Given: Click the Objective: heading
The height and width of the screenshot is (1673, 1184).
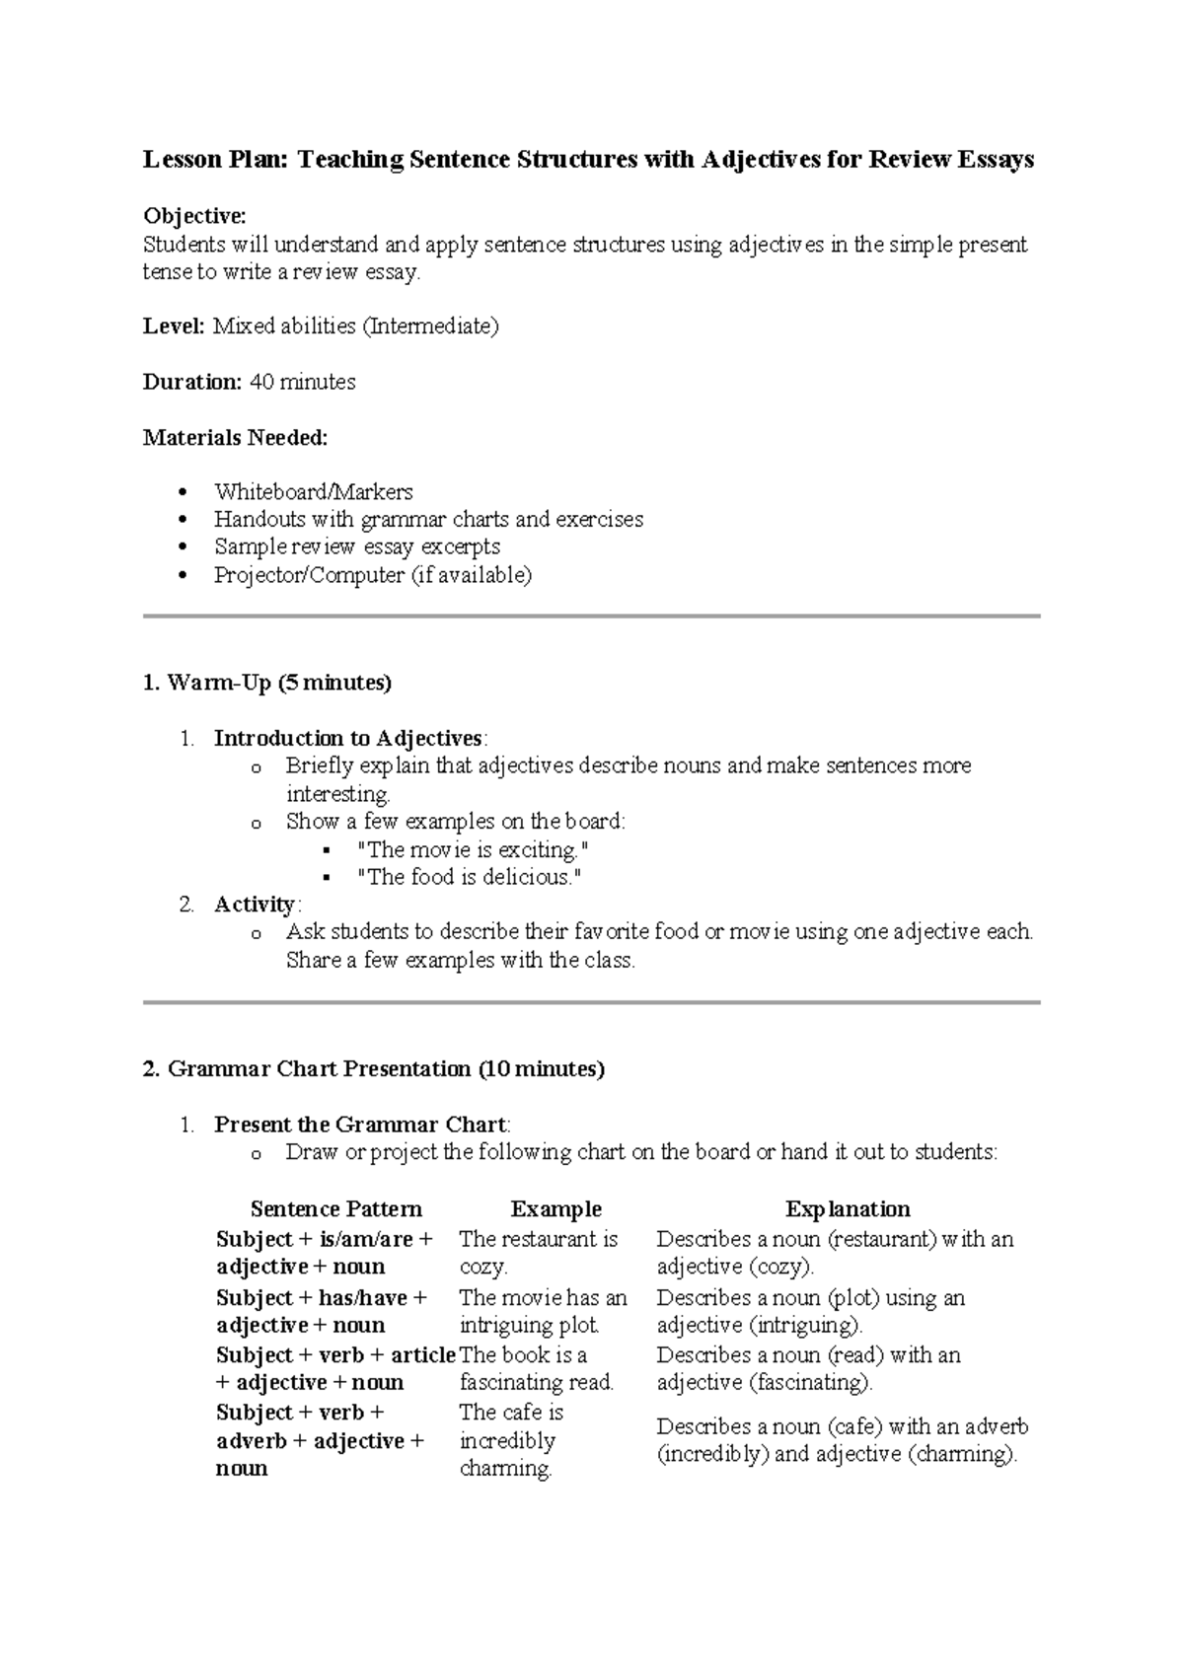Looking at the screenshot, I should pos(194,216).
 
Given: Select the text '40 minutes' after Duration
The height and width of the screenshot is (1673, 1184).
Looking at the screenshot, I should pos(303,382).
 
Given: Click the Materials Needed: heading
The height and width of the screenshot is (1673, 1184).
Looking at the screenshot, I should pos(235,437).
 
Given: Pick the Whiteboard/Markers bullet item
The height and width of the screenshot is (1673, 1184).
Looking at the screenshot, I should pos(313,491).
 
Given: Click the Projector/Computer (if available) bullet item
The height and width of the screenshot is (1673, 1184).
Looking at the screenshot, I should pos(372,575).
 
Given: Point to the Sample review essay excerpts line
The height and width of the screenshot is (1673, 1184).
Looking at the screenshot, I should pos(356,546).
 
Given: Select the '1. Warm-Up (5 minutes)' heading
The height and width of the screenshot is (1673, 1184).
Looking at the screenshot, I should pos(266,683).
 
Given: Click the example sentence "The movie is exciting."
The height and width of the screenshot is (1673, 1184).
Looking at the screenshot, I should pos(473,849).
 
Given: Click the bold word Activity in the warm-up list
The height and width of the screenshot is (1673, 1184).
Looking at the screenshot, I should pos(254,905).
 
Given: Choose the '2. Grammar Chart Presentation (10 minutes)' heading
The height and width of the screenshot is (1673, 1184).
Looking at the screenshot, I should pos(373,1069).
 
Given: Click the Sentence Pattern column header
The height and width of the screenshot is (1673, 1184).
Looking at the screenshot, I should pos(335,1209).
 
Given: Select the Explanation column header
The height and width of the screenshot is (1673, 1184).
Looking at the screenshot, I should pos(847,1209).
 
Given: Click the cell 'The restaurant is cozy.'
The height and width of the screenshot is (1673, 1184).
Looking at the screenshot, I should pos(538,1253).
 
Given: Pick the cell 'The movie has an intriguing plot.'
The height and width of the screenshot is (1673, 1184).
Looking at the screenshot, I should pos(543,1311).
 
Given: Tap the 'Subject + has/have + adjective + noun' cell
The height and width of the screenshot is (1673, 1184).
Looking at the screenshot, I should pos(323,1311).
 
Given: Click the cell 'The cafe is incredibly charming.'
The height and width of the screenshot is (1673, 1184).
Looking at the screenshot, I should pos(510,1440).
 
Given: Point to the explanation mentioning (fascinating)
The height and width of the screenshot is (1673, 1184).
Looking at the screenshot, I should pos(807,1368).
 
